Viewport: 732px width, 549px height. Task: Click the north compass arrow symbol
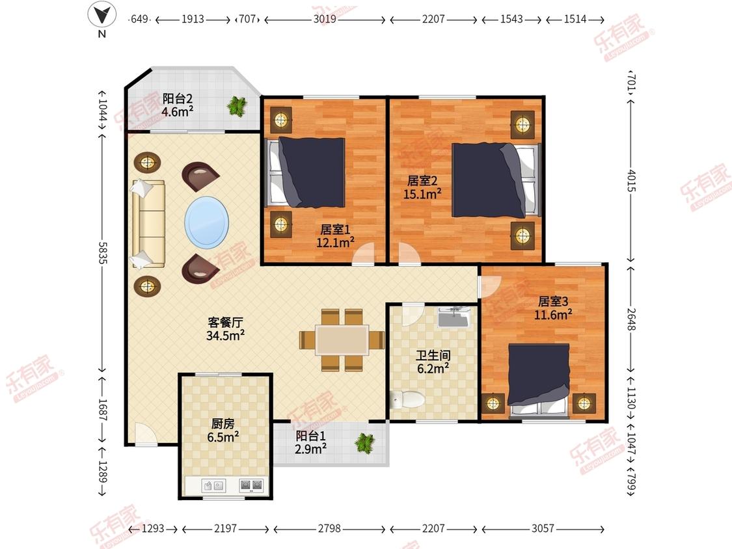(x=102, y=14)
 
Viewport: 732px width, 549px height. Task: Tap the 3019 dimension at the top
(x=325, y=19)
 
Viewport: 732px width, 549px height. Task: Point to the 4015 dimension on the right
(x=630, y=180)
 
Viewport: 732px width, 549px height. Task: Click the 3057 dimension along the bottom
(x=543, y=528)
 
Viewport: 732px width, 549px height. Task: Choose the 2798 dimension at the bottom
(x=330, y=528)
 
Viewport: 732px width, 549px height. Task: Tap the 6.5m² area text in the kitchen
(x=223, y=437)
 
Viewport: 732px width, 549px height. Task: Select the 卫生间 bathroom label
(x=433, y=356)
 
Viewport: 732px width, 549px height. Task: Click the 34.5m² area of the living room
(x=226, y=335)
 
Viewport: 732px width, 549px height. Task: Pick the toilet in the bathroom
(x=407, y=399)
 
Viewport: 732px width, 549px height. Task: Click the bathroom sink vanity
(x=454, y=317)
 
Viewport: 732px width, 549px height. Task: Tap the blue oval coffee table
(x=207, y=222)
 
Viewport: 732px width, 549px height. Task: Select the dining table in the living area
(x=342, y=340)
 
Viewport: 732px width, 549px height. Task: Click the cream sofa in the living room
(x=148, y=224)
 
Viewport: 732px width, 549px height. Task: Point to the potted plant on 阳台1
(x=364, y=442)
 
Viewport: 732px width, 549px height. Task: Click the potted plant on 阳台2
(x=237, y=106)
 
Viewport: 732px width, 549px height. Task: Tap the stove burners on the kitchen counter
(x=251, y=485)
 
